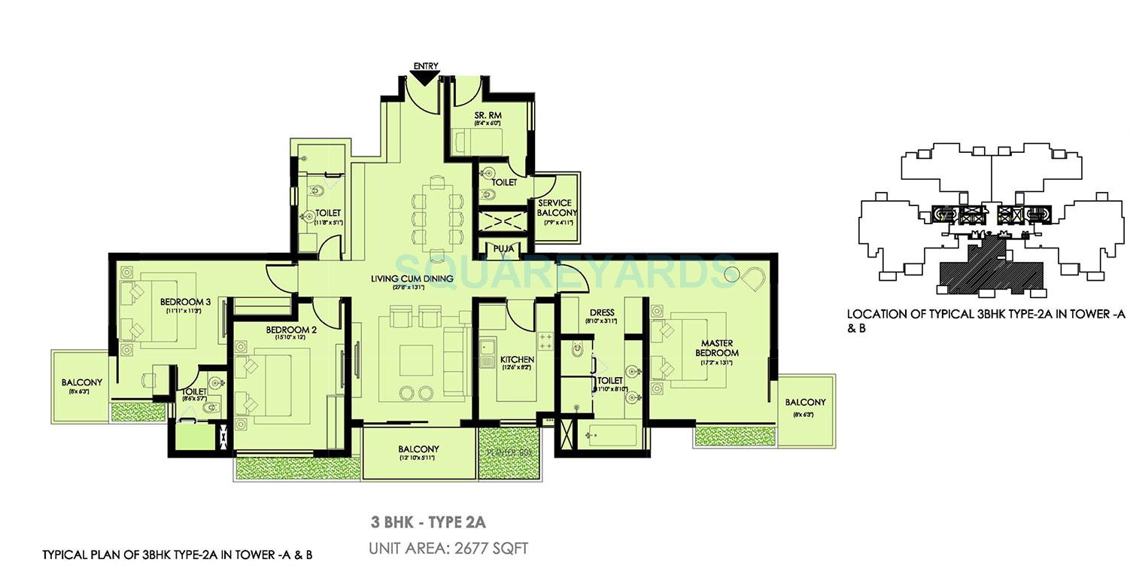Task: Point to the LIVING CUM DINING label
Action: (x=412, y=278)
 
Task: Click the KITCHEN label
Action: (x=517, y=361)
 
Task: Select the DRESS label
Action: (x=602, y=312)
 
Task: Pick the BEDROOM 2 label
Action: (x=290, y=330)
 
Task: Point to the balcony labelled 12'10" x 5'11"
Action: (x=419, y=453)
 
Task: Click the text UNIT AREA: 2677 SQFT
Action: (x=448, y=549)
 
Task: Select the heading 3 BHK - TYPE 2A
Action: (x=430, y=522)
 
